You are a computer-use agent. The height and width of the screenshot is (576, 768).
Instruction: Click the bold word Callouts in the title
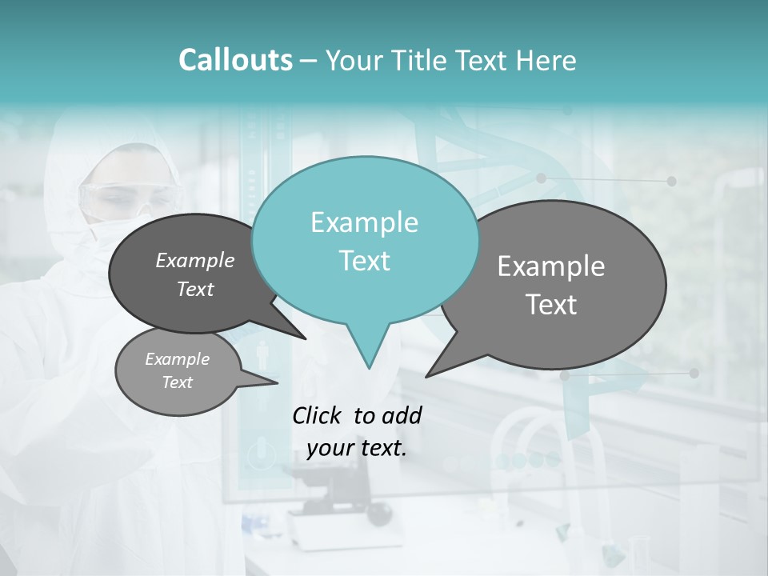[x=235, y=60]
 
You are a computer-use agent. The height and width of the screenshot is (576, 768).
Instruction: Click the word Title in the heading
[x=423, y=60]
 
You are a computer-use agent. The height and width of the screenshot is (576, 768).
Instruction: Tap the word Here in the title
[x=546, y=60]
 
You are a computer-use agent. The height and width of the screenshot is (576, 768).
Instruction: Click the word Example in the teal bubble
[x=364, y=222]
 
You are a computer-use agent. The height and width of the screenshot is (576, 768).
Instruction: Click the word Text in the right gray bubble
[x=551, y=305]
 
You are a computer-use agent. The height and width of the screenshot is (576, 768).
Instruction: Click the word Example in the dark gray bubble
[x=195, y=260]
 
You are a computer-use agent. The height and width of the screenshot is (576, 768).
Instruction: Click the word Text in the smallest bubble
[x=178, y=382]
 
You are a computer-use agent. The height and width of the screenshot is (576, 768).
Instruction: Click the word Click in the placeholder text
[x=318, y=415]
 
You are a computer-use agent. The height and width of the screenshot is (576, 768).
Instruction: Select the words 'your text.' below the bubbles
[x=357, y=449]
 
